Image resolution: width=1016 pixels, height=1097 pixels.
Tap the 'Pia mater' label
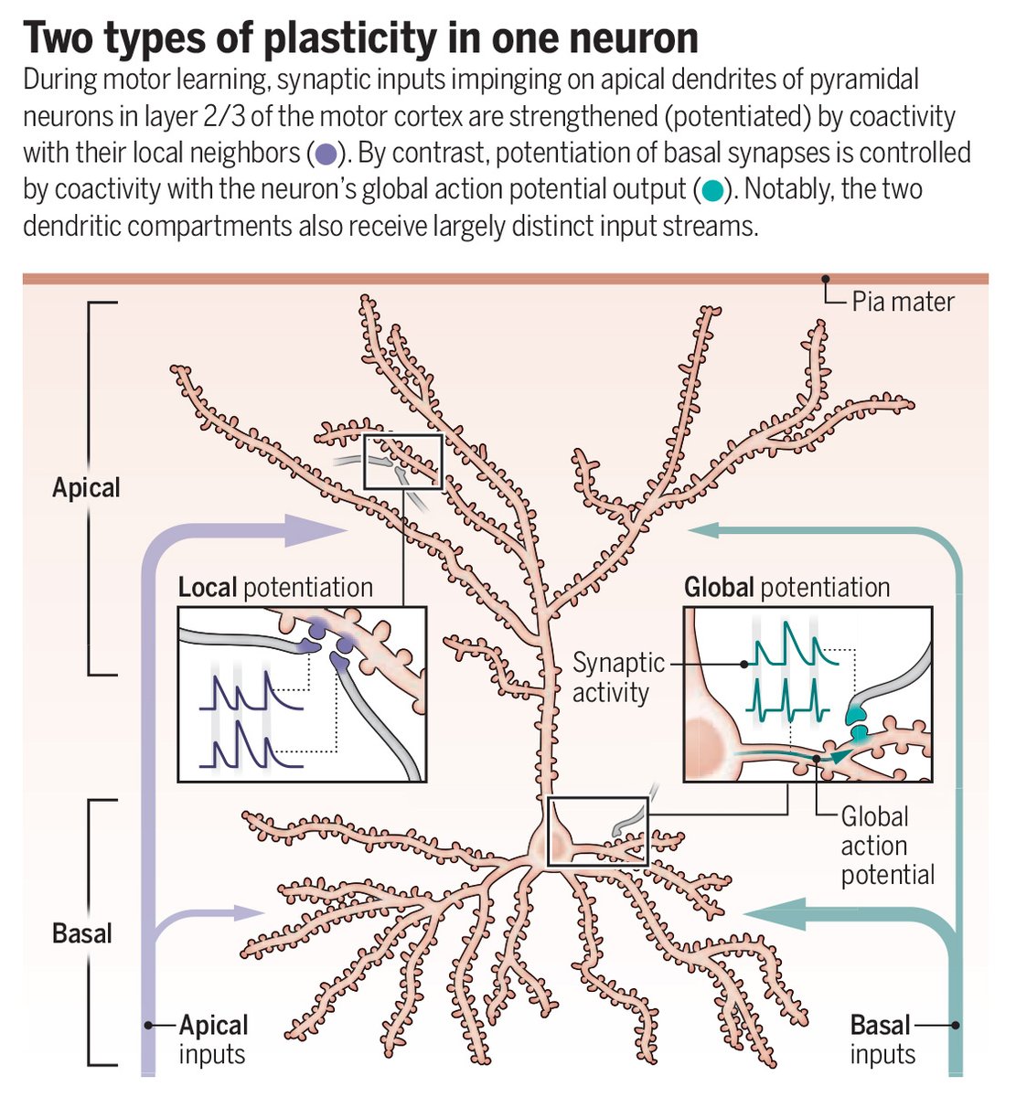[903, 302]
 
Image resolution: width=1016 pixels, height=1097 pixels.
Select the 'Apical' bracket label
[86, 487]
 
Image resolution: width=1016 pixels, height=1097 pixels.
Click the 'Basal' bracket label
[82, 933]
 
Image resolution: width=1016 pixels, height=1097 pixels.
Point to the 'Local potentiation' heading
[275, 587]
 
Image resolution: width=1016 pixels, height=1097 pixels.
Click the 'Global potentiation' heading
[786, 587]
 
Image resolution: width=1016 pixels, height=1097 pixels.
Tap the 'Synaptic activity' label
[618, 677]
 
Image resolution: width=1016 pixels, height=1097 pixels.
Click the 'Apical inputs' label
[213, 1039]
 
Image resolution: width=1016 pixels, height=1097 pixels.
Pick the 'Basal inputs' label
[882, 1039]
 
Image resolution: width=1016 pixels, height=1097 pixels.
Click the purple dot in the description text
[326, 154]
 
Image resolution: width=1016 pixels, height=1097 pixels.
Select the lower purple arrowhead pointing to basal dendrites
[250, 911]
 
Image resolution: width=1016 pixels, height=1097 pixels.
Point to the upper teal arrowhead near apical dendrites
[705, 527]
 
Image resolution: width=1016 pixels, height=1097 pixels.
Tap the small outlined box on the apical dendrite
[403, 462]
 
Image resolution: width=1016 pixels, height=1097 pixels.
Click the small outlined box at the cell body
[597, 831]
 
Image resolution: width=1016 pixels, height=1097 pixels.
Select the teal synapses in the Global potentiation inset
[859, 722]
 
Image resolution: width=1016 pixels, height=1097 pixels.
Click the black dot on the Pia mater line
[825, 279]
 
